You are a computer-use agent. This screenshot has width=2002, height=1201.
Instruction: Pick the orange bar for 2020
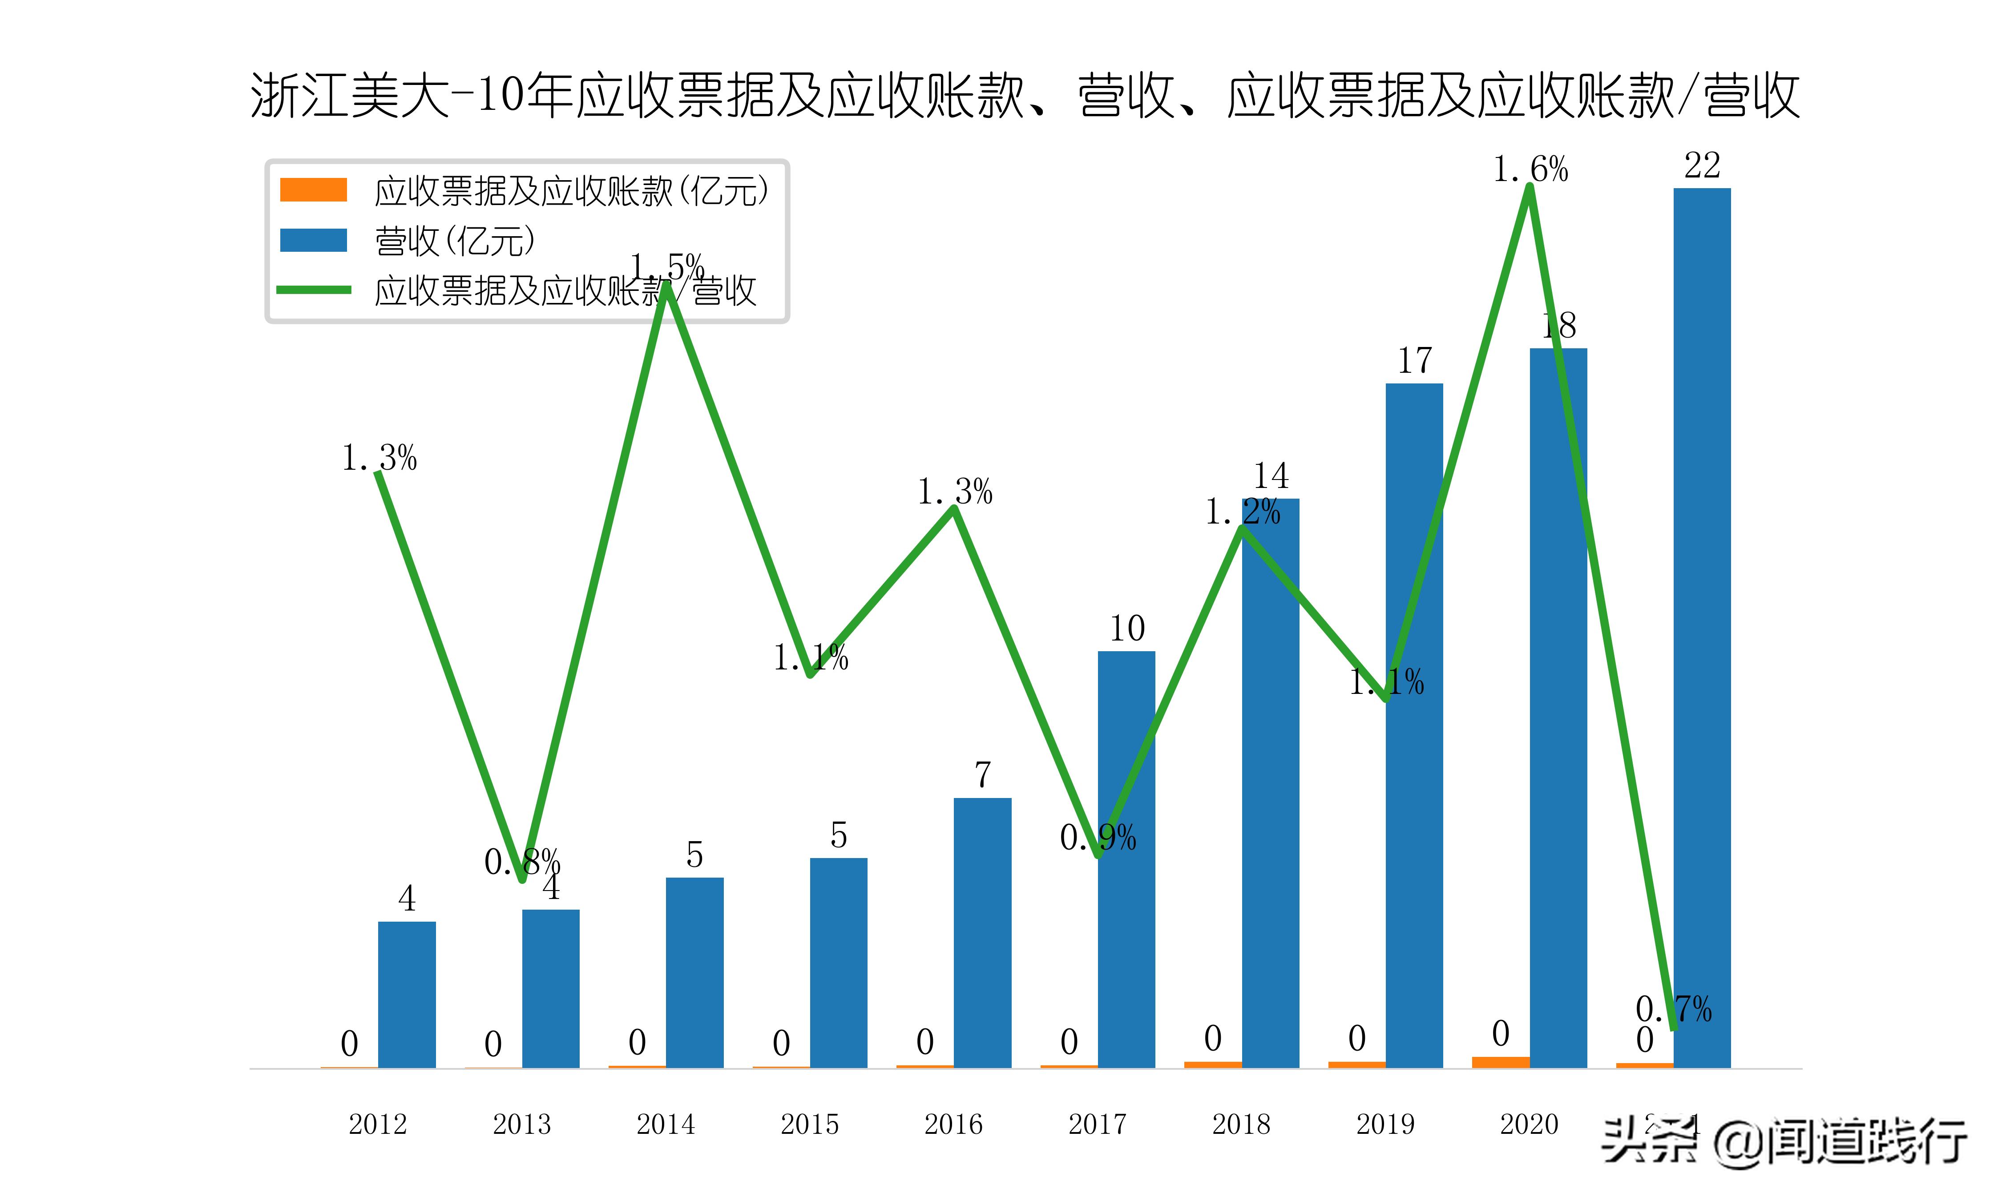[1500, 1062]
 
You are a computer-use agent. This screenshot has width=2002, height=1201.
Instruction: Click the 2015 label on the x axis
[809, 1124]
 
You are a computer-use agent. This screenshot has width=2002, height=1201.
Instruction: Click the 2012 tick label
[377, 1124]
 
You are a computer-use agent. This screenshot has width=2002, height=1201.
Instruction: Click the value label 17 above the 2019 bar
[1414, 361]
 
